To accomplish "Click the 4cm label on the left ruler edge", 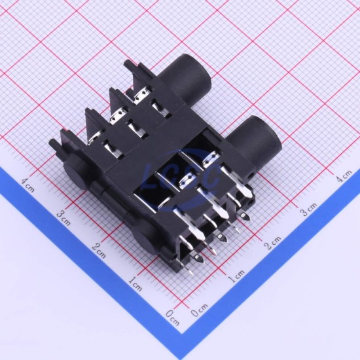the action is click(x=28, y=185).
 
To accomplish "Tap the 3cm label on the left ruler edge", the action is click(x=63, y=218).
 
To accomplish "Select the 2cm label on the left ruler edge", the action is click(x=99, y=251).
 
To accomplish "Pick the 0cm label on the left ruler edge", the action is click(x=173, y=318).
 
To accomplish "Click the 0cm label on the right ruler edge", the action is click(x=200, y=310).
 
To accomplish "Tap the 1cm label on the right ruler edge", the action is click(x=236, y=276).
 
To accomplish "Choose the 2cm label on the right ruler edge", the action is click(x=272, y=243).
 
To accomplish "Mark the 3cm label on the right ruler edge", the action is click(x=308, y=209).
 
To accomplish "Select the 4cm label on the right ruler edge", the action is click(x=344, y=176).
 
